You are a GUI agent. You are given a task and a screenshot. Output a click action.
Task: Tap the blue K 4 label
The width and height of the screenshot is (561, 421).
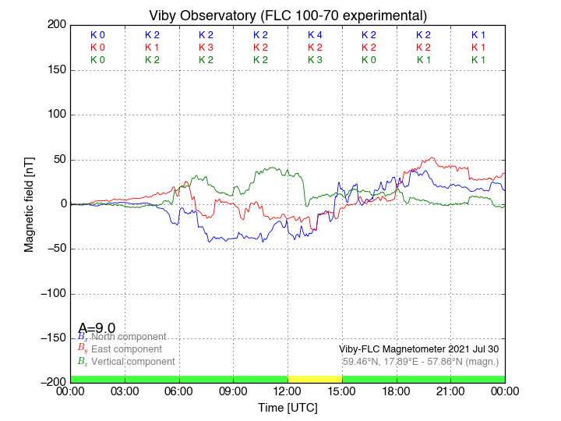point(315,35)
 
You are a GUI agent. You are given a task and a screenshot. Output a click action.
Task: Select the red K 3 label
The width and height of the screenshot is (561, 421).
point(206,48)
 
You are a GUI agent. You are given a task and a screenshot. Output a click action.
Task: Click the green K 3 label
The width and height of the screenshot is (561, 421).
point(315,60)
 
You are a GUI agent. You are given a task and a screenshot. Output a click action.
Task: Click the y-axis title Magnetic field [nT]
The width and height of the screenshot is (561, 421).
point(30,203)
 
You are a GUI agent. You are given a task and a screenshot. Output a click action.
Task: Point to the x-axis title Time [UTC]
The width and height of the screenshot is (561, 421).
point(288,407)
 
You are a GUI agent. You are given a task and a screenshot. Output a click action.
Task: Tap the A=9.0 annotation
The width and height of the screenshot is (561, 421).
point(97,328)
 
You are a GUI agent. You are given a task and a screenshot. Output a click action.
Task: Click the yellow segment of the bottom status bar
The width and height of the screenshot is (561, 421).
point(315,379)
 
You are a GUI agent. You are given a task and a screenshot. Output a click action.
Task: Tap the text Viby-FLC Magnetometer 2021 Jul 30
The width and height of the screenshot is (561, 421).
point(418,349)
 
